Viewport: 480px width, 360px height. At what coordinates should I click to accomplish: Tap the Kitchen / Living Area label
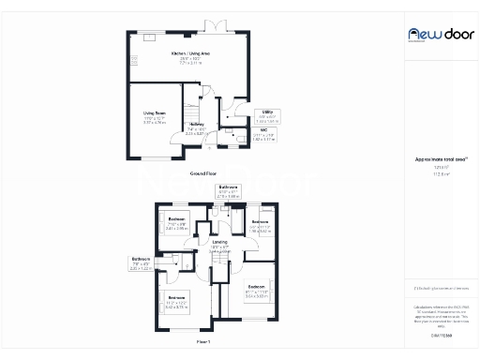point(190,54)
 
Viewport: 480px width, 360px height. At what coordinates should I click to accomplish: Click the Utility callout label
point(265,112)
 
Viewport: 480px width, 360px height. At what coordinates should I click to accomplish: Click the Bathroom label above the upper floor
point(229,187)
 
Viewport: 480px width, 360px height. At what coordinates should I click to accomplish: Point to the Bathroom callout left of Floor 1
point(167,259)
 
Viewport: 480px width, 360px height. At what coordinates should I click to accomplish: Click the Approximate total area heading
point(434,160)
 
